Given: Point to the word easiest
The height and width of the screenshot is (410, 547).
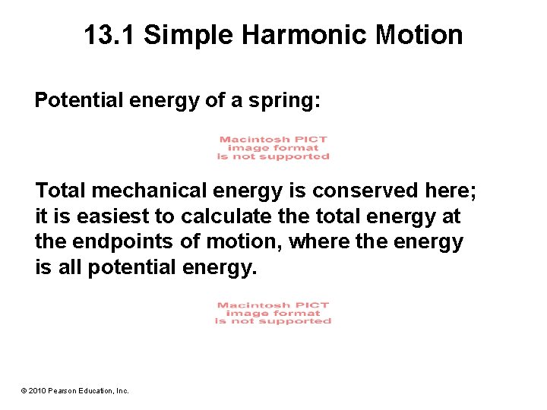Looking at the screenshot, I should pyautogui.click(x=110, y=216).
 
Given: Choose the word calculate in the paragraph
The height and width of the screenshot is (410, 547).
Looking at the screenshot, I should pyautogui.click(x=216, y=216).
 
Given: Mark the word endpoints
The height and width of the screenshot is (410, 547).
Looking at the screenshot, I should pyautogui.click(x=118, y=242).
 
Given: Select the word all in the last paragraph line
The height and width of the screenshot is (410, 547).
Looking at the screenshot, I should pyautogui.click(x=69, y=268).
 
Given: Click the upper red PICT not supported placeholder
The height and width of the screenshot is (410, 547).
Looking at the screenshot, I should pyautogui.click(x=273, y=148).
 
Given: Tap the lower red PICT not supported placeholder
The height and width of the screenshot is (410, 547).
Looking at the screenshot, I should pyautogui.click(x=273, y=313).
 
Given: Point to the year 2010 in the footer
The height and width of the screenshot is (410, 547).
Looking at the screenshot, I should pyautogui.click(x=39, y=390).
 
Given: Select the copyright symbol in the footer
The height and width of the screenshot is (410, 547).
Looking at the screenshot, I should pyautogui.click(x=24, y=390).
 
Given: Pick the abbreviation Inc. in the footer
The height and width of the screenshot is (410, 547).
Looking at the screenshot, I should pyautogui.click(x=122, y=390).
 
